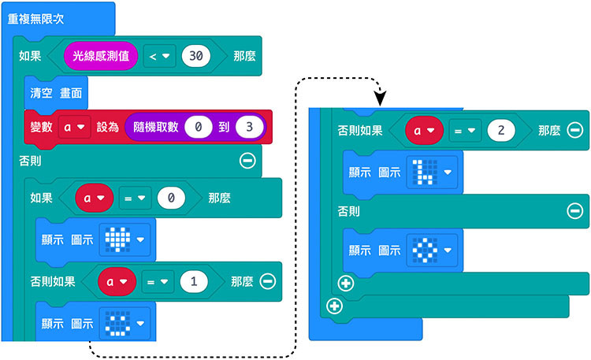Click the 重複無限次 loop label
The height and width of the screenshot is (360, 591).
37,17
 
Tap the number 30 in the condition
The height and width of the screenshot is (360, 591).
200,56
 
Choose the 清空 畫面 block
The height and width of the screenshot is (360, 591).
56,92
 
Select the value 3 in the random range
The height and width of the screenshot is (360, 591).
249,127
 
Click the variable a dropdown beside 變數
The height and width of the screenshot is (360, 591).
71,127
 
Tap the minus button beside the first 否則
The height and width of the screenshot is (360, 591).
247,161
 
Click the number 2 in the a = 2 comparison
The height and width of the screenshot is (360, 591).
501,131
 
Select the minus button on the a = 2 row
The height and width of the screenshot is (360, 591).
574,131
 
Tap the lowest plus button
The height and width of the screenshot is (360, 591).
334,306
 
